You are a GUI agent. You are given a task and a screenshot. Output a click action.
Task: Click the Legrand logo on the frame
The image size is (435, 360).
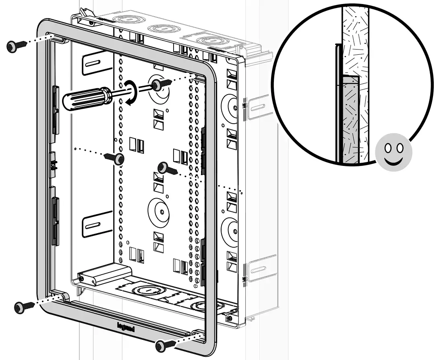point(126,327)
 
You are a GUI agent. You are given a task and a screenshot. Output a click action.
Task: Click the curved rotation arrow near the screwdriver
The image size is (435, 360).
point(131,92)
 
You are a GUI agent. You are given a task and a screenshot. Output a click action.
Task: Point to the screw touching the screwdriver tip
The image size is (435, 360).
point(158,84)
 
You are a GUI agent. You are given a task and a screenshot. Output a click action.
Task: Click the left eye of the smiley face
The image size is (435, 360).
point(388,148)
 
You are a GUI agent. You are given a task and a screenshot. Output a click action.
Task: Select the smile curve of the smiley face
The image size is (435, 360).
point(394,161)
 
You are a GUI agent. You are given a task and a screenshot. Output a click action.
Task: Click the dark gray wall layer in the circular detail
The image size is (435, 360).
point(350,121)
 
